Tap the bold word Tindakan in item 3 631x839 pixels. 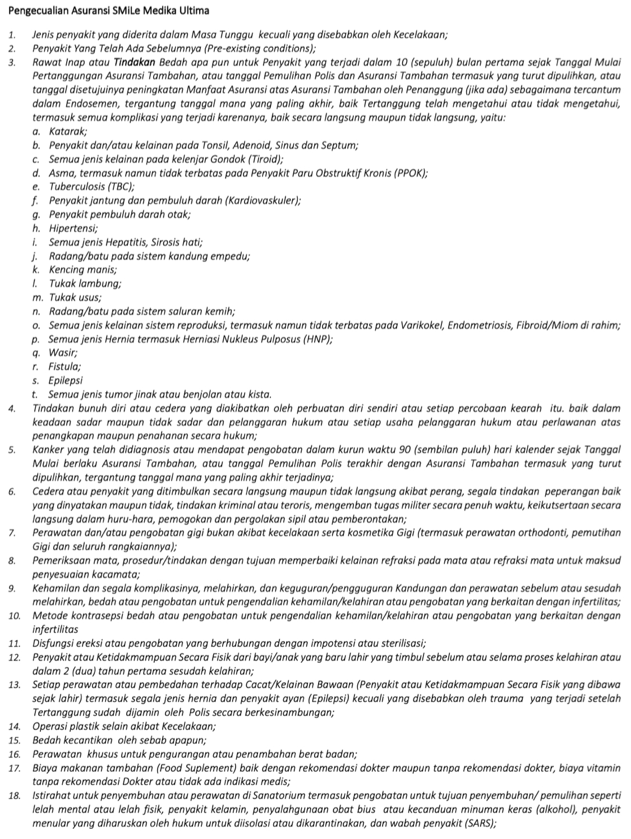pos(135,62)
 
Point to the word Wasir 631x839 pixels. pos(62,353)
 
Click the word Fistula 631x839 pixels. pos(65,366)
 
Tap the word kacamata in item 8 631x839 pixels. pos(116,574)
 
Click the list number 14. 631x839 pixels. pos(15,726)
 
